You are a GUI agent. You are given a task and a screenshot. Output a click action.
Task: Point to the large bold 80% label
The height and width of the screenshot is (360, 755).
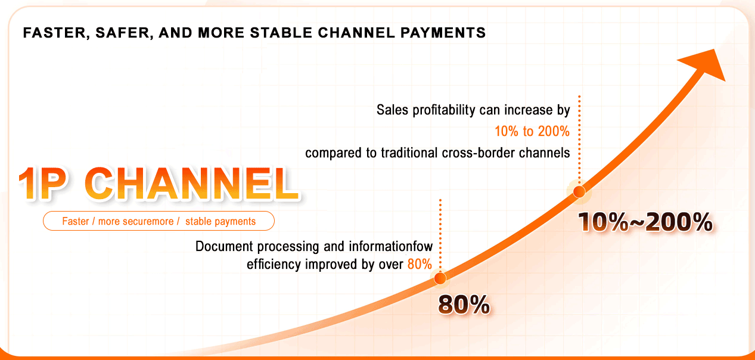(464, 305)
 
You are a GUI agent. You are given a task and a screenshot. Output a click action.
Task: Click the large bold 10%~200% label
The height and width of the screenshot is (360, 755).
(645, 223)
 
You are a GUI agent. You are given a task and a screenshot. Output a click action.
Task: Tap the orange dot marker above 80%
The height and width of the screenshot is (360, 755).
(440, 278)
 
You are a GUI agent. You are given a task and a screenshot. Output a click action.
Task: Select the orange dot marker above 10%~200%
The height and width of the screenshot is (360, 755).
(578, 191)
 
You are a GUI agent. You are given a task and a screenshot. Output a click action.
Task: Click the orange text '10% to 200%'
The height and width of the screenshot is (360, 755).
(532, 132)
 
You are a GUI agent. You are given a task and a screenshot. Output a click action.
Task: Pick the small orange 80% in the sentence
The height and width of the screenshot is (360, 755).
(420, 264)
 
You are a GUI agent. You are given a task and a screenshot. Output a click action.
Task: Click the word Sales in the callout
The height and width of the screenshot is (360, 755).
(391, 110)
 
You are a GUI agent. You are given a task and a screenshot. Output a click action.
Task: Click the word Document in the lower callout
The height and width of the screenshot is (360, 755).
(221, 246)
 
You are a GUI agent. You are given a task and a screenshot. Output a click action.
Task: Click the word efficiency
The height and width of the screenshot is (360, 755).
(274, 264)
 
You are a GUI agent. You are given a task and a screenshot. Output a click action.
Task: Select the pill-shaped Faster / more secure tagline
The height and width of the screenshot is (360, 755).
(159, 221)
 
